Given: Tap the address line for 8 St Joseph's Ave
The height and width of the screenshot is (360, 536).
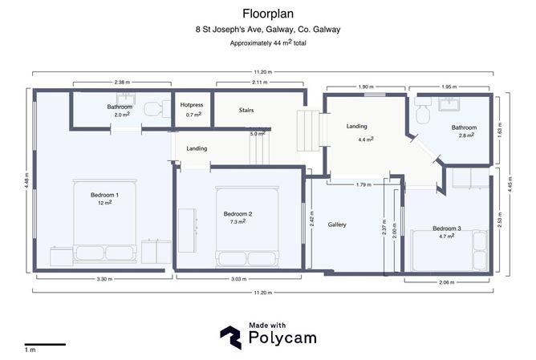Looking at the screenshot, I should (x=268, y=30).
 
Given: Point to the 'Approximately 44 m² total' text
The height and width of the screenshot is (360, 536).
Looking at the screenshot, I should (x=268, y=42).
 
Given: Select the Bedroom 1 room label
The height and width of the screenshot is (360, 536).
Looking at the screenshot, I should (x=104, y=195).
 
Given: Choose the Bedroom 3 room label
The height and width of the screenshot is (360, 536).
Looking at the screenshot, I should (x=447, y=227).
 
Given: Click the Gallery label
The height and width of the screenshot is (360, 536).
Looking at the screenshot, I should (x=337, y=224).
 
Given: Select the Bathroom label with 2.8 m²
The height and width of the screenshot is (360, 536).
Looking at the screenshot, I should (x=464, y=127).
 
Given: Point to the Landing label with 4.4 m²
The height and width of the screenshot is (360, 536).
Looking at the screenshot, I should (x=357, y=127).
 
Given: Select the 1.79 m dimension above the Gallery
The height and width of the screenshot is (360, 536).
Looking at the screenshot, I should (x=363, y=185).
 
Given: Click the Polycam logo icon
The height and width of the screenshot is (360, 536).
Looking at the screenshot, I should (x=231, y=336).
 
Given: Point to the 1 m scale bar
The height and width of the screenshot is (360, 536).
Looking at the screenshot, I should (x=44, y=345).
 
